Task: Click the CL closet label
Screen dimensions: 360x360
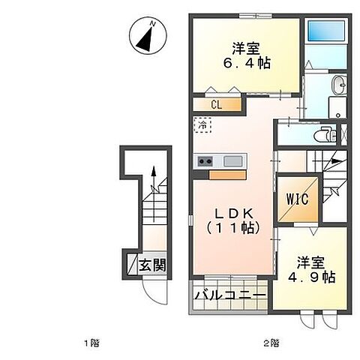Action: click(x=215, y=105)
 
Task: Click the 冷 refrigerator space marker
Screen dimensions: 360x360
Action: click(x=202, y=124)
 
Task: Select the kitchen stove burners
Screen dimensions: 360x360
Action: click(x=206, y=161)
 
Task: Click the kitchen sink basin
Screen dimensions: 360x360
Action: click(x=232, y=161)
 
